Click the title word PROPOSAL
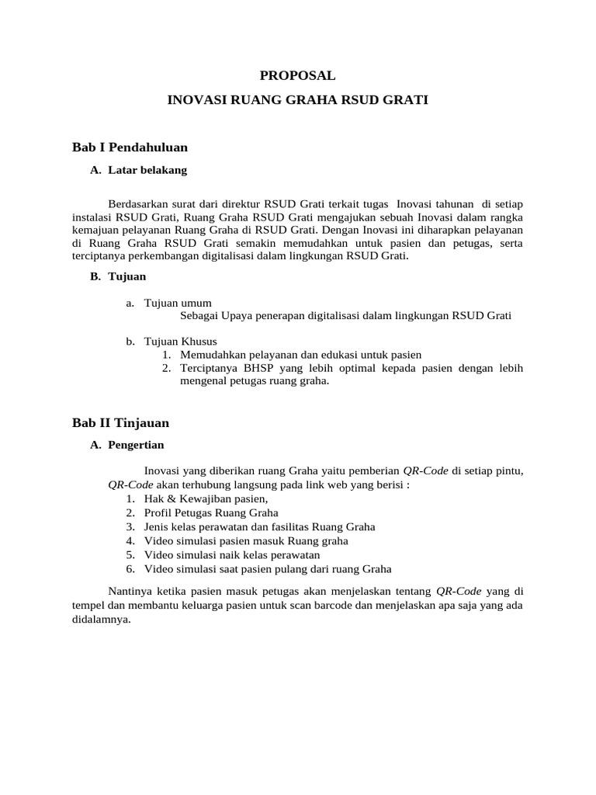tap(297, 75)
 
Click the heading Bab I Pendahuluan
tap(130, 146)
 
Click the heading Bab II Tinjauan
tap(120, 422)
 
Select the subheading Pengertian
tap(136, 446)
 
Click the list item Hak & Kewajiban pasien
tap(206, 498)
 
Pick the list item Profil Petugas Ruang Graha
tap(211, 512)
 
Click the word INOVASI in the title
tap(194, 101)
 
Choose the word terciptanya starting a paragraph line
tap(102, 256)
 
